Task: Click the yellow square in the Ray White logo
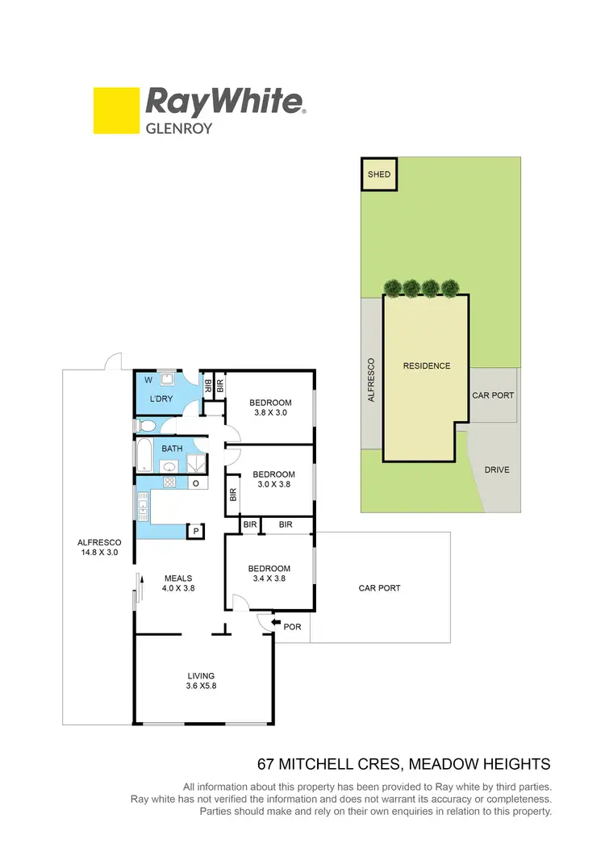click(x=115, y=111)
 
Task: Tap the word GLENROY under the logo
click(x=178, y=127)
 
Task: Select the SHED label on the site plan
click(x=378, y=174)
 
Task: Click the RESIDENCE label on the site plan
click(x=427, y=365)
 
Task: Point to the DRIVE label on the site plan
click(x=496, y=470)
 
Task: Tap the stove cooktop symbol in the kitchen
click(x=169, y=482)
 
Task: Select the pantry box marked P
click(x=195, y=530)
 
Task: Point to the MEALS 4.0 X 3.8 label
click(x=179, y=582)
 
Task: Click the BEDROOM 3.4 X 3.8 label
click(x=269, y=572)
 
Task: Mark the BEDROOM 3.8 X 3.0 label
click(x=269, y=407)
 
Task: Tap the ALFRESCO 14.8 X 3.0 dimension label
click(x=98, y=547)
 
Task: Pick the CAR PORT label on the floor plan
click(x=379, y=588)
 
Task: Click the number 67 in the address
click(x=265, y=763)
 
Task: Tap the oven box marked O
click(x=195, y=482)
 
